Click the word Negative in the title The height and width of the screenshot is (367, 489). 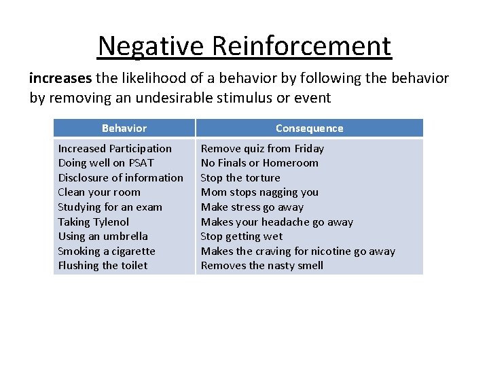point(151,46)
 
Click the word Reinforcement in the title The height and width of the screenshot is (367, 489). point(302,46)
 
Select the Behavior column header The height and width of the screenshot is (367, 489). point(124,128)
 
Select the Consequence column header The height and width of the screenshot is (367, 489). point(309,128)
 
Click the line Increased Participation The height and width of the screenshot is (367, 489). point(115,148)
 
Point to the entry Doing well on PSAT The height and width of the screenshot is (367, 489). point(106,163)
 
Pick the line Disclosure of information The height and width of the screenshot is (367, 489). point(120,177)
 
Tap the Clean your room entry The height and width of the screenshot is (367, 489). point(99,192)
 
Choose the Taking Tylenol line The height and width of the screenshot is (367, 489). point(93,222)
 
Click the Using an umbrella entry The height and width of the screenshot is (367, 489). point(103,237)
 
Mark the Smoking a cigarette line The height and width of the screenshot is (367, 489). point(107,251)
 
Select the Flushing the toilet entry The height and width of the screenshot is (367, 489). point(103,266)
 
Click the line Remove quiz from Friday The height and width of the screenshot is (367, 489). point(262,148)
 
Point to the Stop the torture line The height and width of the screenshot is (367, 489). point(240,177)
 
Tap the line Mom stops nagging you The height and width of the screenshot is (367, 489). point(259,192)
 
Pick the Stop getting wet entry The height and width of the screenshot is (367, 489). point(241,237)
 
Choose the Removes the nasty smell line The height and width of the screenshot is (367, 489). point(262,266)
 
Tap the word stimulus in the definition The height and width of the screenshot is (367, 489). point(237,97)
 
